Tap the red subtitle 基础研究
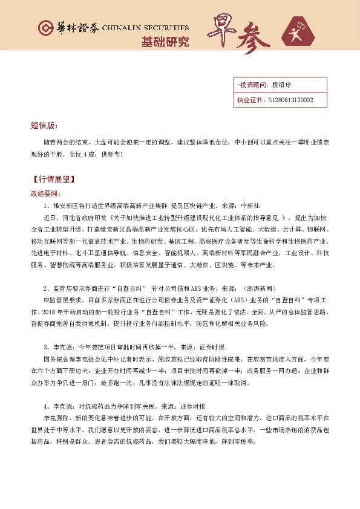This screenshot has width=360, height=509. pos(165,42)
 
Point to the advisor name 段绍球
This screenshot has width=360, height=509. pos(282,85)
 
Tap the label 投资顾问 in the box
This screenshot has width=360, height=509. pos(250,85)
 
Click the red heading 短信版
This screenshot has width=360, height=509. pos(44,125)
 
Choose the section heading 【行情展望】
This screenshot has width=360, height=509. pos(54,180)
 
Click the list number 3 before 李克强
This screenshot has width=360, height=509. pos(47,347)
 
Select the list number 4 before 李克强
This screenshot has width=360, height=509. pos(47,406)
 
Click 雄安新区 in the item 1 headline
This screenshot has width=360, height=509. pos(65,206)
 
